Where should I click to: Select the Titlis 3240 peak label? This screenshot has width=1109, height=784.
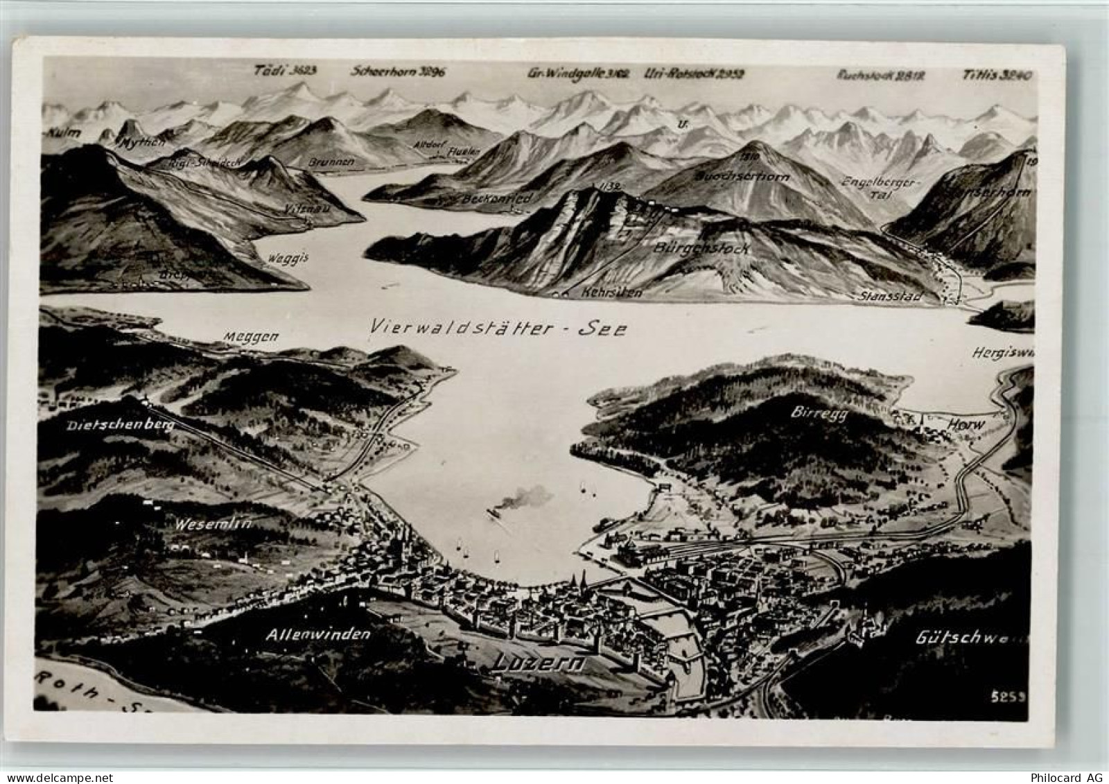[x=998, y=73]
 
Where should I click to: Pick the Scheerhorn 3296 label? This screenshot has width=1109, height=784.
[x=402, y=71]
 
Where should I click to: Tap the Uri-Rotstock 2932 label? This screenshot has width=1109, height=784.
[x=690, y=73]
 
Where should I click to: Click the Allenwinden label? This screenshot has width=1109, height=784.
[x=318, y=634]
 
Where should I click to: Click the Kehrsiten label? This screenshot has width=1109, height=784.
[x=613, y=293]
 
